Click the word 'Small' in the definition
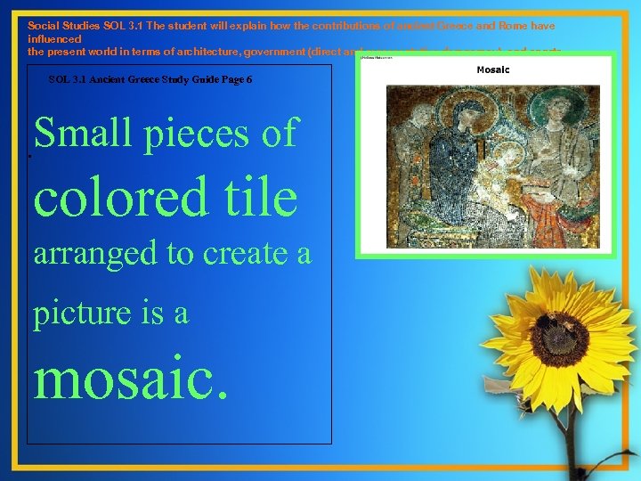[x=75, y=134]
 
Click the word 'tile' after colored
[x=258, y=197]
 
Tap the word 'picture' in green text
[x=79, y=314]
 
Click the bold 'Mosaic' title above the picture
[x=493, y=69]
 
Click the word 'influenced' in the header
[x=54, y=39]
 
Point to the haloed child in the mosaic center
[x=499, y=169]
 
